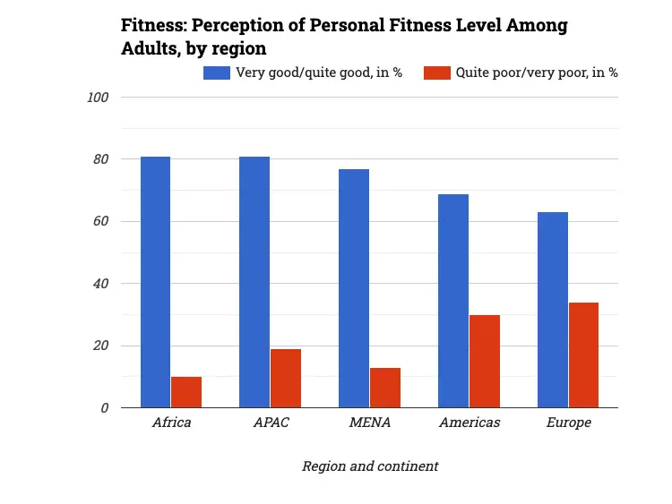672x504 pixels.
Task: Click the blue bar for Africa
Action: coord(155,282)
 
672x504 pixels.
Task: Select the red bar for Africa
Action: coord(186,392)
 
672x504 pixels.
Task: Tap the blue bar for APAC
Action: coord(254,282)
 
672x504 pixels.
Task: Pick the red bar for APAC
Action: coord(286,378)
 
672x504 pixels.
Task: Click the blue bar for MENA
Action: coord(354,288)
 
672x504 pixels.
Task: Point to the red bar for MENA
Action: coord(385,388)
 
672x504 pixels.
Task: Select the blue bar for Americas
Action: coord(453,301)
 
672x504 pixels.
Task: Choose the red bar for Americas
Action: coord(485,361)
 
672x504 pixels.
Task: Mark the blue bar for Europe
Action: coord(553,310)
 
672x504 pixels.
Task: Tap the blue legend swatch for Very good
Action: coord(217,73)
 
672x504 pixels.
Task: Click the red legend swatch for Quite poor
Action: coord(436,73)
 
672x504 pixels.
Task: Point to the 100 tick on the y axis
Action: coord(98,98)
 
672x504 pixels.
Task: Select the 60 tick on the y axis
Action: coord(101,222)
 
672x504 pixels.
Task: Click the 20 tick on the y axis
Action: coord(101,346)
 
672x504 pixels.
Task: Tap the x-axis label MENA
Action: coord(369,423)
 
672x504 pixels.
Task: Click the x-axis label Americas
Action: coord(470,423)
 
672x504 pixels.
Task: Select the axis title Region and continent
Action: coord(370,466)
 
